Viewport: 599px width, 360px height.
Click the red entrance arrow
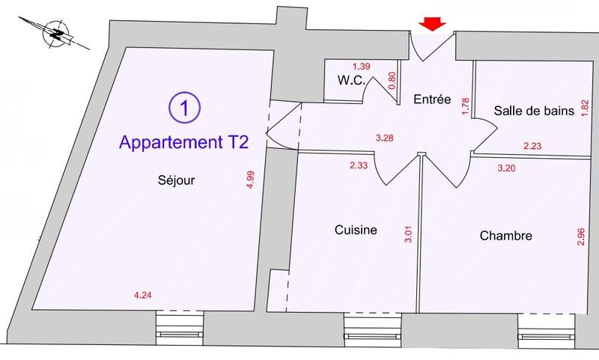(x=432, y=25)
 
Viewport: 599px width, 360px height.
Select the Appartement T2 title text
(x=183, y=141)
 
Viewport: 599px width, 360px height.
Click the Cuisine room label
(x=355, y=231)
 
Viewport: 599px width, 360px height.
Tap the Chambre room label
(x=505, y=236)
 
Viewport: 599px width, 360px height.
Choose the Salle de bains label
(x=534, y=111)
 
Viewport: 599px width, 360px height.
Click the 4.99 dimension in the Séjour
(x=250, y=183)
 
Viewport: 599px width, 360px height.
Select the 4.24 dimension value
(x=142, y=295)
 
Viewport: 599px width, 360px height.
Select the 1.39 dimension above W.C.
(x=361, y=67)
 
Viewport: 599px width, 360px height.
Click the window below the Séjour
(x=180, y=328)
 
